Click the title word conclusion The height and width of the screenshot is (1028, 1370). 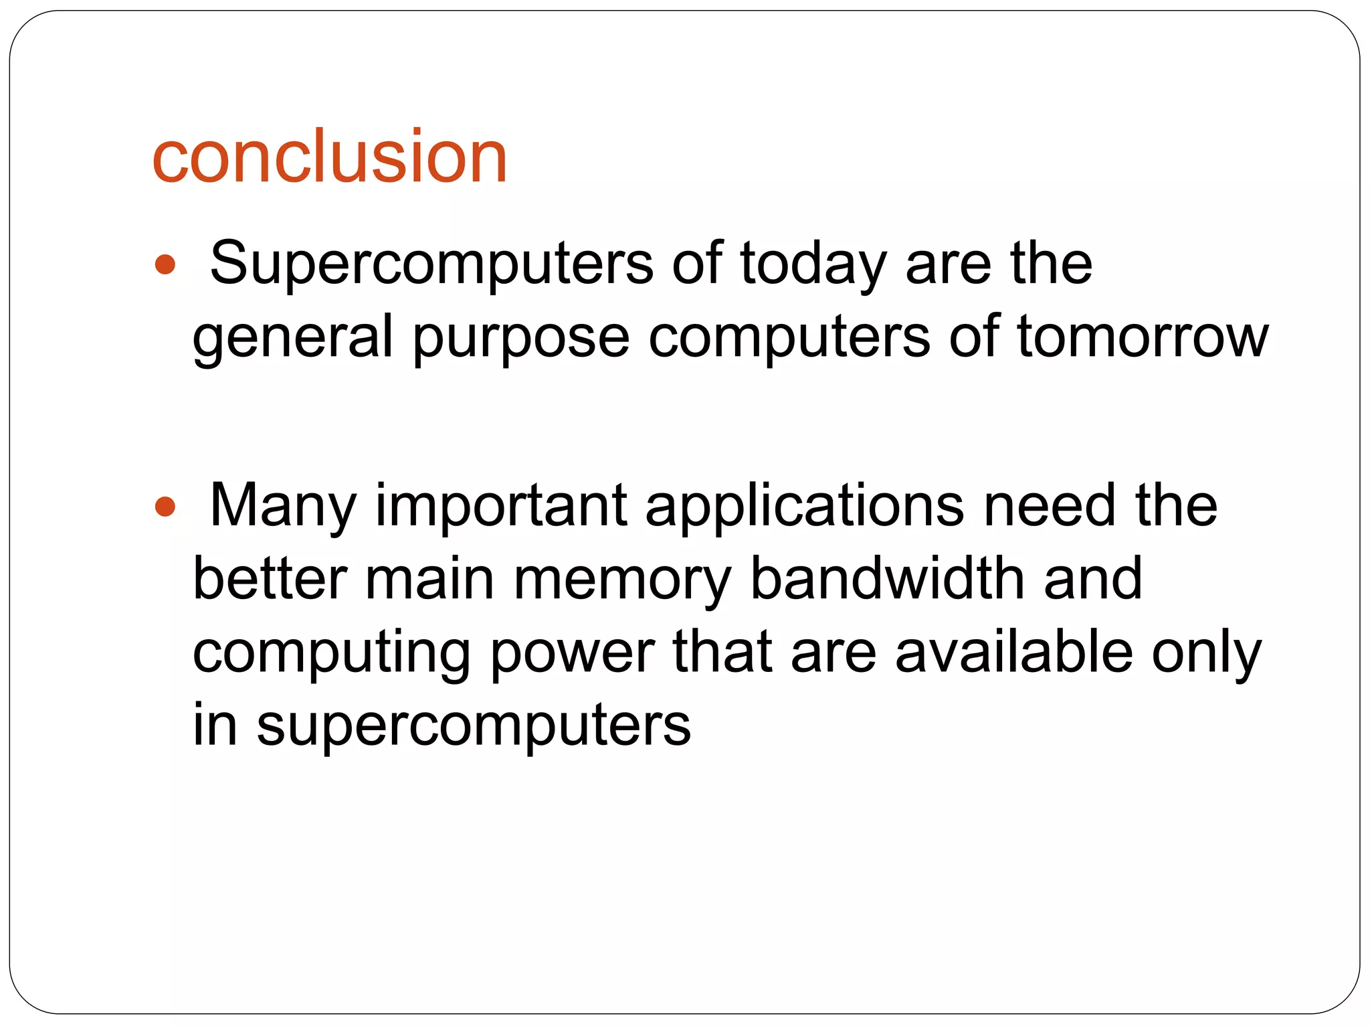coord(329,157)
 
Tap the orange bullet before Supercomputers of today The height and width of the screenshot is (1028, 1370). coord(165,265)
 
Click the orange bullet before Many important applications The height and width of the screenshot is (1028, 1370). coord(165,507)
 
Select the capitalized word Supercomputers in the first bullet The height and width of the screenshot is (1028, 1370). coord(431,264)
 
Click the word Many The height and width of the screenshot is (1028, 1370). coord(284,507)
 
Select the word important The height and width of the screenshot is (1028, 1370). coord(501,507)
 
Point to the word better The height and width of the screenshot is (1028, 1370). coord(270,579)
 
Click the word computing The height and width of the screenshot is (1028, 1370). coord(332,653)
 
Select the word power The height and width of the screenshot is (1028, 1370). coord(573,653)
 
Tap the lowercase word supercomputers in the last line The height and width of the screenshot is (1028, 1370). coord(474,725)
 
